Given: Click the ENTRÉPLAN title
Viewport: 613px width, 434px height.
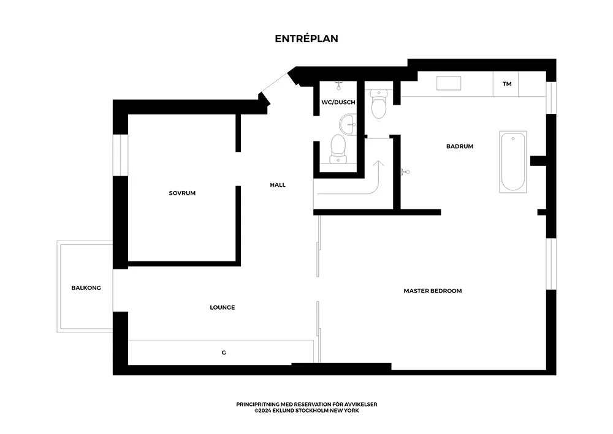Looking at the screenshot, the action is click(x=306, y=39).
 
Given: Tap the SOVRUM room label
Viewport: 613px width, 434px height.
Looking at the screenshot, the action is click(x=182, y=193).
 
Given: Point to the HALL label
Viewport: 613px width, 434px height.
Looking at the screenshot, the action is click(x=278, y=185).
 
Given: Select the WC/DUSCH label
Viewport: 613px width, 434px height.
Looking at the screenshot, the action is click(x=338, y=102).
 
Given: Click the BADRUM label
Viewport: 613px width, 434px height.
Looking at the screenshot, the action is click(x=460, y=146).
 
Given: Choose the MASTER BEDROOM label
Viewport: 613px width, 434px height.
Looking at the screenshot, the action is click(x=433, y=291).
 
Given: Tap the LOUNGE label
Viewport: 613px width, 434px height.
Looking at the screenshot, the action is click(x=223, y=307).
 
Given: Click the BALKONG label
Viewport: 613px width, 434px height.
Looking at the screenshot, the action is click(x=86, y=288).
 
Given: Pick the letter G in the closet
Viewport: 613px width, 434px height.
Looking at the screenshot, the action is click(x=224, y=353).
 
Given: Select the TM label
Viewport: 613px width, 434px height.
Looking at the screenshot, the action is click(x=507, y=84).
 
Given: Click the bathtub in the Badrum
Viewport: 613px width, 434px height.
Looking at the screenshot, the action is click(x=513, y=162).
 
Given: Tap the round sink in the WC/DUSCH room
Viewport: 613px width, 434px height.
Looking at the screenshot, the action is click(x=348, y=124).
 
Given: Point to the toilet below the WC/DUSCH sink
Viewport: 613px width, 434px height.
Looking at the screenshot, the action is click(x=338, y=149).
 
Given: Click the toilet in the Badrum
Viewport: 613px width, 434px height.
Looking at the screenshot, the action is click(x=379, y=104).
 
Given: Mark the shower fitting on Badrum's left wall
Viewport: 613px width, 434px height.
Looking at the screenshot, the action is click(x=405, y=172).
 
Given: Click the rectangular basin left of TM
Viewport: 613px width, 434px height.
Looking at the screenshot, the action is click(x=449, y=83).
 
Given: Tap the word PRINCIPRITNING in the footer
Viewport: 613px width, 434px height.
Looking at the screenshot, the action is click(x=257, y=405).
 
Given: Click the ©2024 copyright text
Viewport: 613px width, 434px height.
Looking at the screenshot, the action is click(x=306, y=411).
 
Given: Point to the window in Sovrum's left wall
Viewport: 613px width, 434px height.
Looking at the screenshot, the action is click(x=120, y=155).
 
